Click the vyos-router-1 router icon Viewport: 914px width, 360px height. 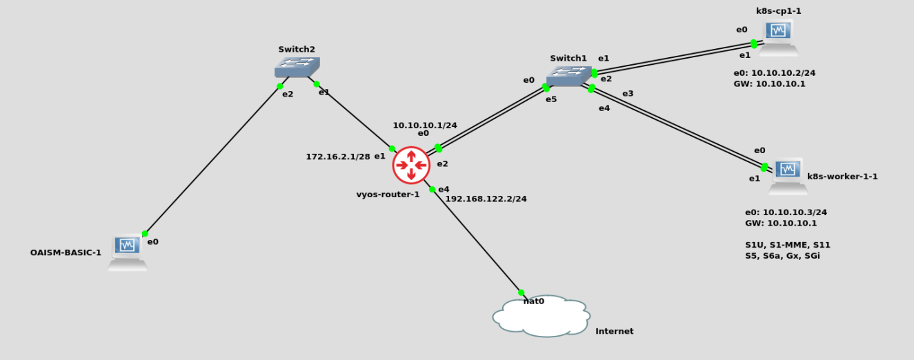pos(411,166)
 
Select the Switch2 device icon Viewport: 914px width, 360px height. pos(297,67)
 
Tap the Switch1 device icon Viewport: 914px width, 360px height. pos(568,76)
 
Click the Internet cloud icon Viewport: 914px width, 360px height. pos(542,317)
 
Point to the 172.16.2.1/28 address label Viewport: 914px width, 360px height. pos(338,157)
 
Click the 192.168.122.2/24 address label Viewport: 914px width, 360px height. pos(486,199)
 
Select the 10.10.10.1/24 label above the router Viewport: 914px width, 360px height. pos(425,126)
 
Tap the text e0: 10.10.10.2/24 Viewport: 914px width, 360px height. pos(775,72)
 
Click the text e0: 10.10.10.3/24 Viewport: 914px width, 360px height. pos(786,212)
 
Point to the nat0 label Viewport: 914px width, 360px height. pos(534,301)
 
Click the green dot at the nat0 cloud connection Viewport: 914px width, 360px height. pos(521,292)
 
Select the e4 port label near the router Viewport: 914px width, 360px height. pos(444,189)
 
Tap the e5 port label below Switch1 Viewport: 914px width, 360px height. pos(551,99)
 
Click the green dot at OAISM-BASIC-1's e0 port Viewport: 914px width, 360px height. pos(145,234)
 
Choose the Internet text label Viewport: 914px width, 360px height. pos(614,331)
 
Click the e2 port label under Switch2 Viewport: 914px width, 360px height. pos(288,94)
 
